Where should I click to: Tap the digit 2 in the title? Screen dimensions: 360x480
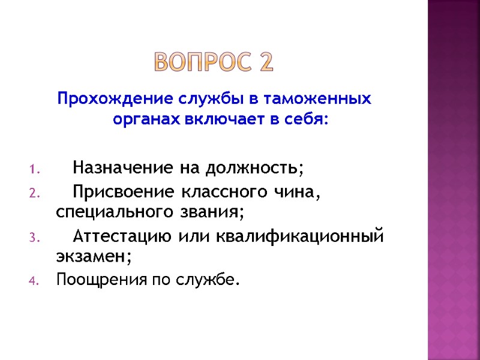[x=266, y=62]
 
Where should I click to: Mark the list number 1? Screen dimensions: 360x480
[x=33, y=169]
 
